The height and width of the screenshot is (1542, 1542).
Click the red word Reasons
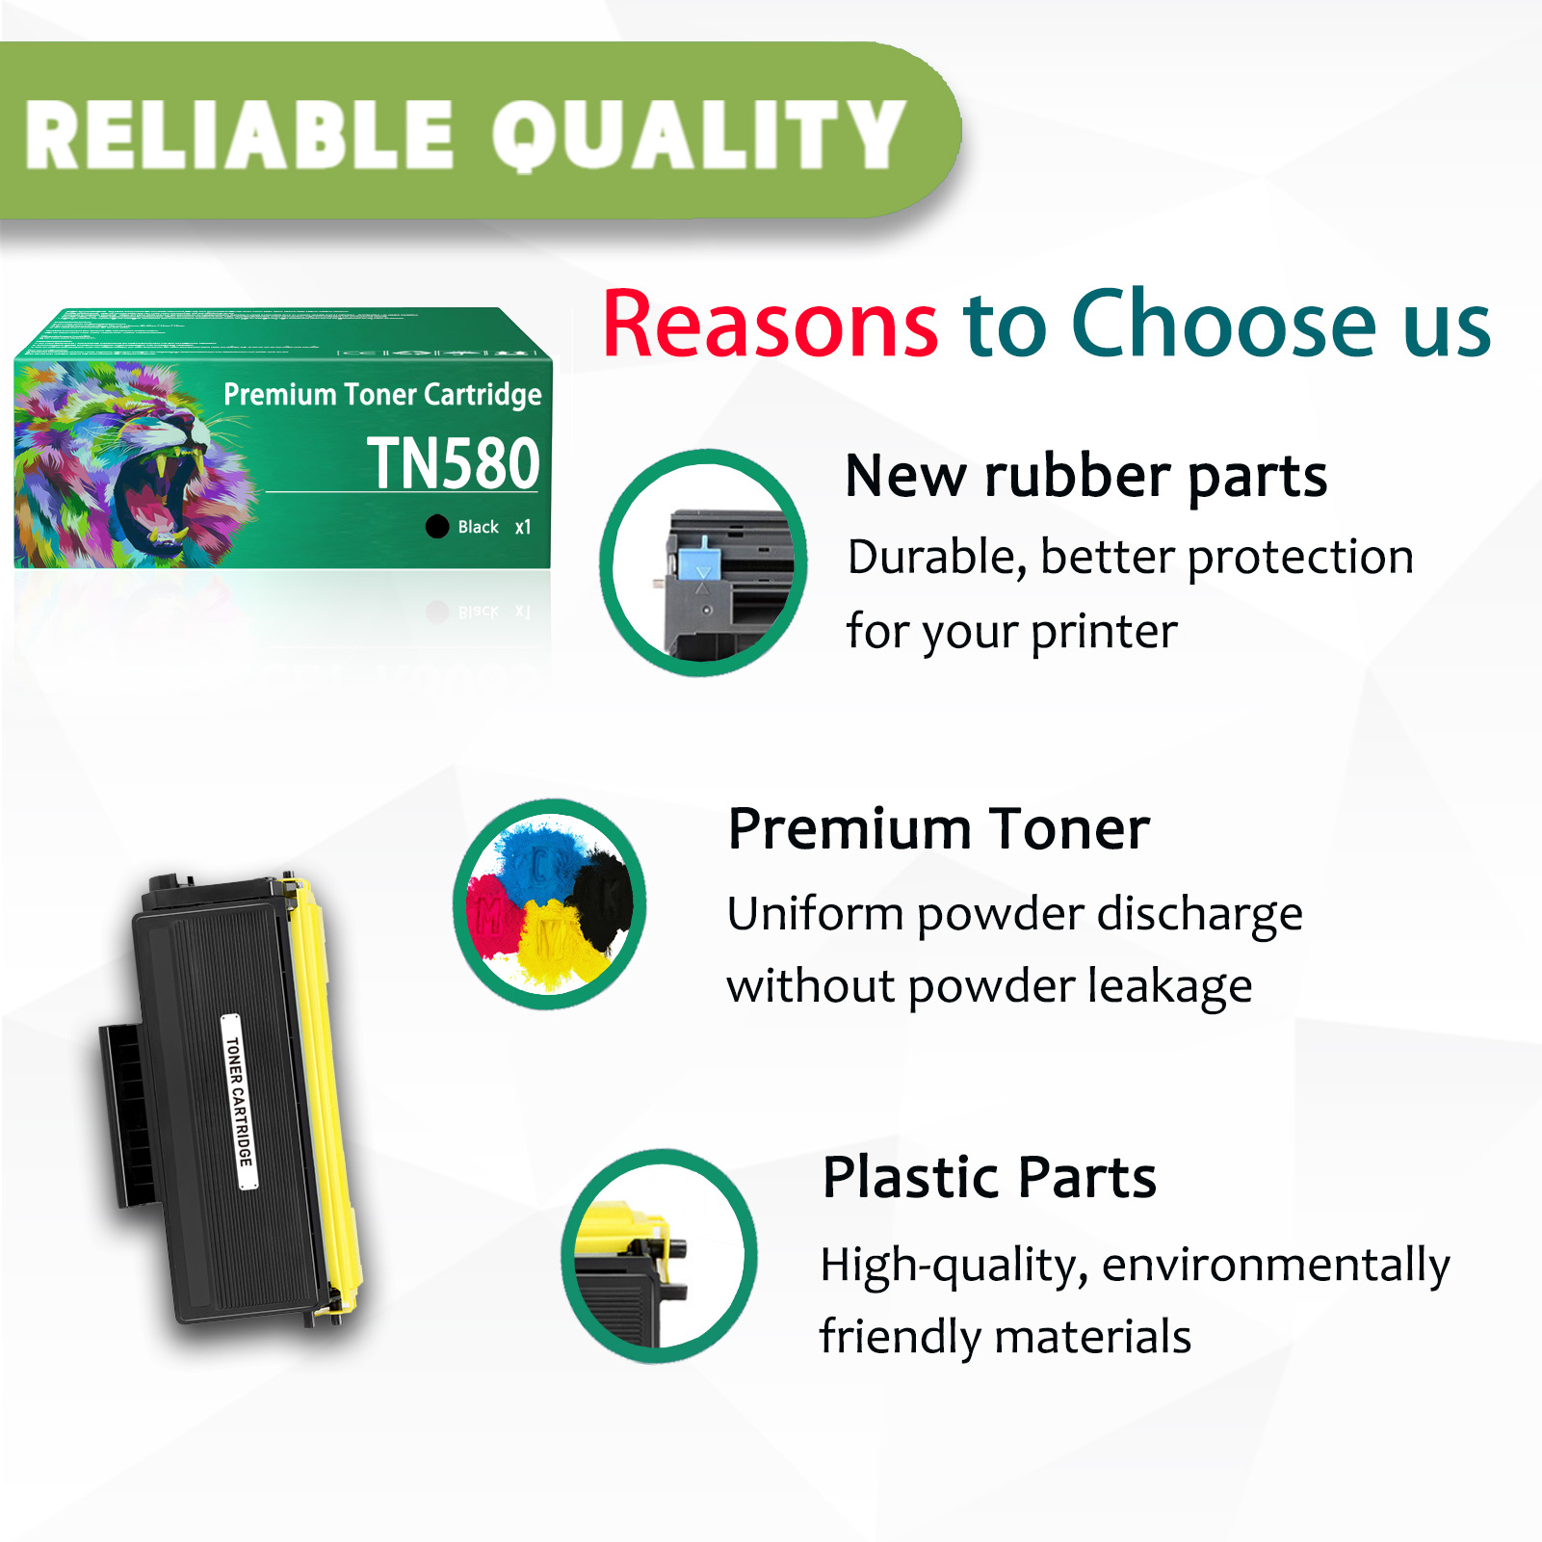point(770,325)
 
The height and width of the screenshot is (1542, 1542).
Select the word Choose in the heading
point(1223,325)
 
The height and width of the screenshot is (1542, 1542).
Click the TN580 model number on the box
point(453,464)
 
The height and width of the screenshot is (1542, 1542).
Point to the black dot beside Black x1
point(437,527)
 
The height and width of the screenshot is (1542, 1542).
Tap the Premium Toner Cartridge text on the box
point(382,395)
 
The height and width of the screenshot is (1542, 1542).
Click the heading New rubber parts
point(1085,477)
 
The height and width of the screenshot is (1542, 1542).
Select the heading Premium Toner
point(938,829)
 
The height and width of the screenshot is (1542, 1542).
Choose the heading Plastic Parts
point(989,1177)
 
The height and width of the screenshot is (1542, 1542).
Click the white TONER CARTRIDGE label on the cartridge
point(239,1101)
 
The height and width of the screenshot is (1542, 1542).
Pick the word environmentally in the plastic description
point(1275,1266)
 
